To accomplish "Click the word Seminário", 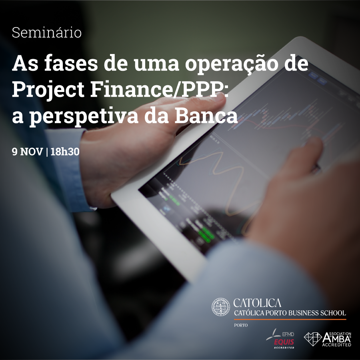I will pos(47,33).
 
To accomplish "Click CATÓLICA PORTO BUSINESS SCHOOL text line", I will pos(290,313).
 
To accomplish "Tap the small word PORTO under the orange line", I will pos(241,325).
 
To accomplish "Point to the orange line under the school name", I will pos(290,319).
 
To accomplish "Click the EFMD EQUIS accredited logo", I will pos(281,338).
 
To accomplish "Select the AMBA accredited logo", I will pos(328,339).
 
